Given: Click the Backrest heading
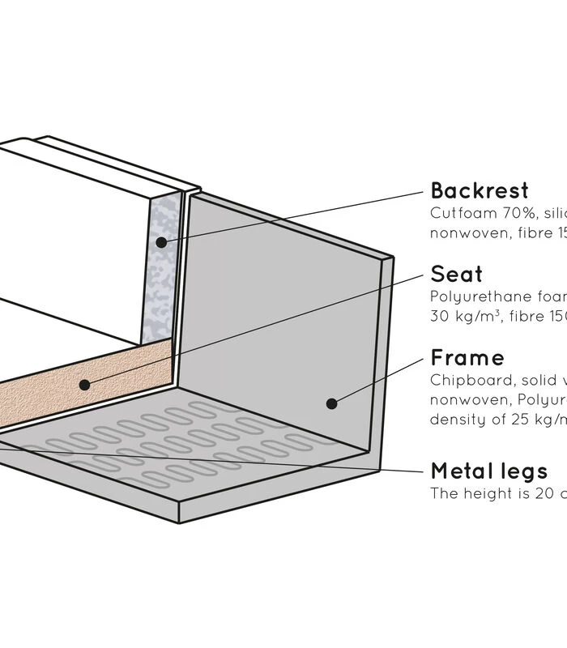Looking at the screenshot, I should pyautogui.click(x=480, y=191).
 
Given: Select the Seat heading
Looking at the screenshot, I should pyautogui.click(x=456, y=274).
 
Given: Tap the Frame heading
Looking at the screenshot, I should pyautogui.click(x=467, y=358).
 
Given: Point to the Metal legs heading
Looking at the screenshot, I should pyautogui.click(x=489, y=471).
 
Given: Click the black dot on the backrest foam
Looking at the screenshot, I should pyautogui.click(x=161, y=241).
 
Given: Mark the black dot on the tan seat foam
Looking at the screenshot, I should pyautogui.click(x=84, y=385).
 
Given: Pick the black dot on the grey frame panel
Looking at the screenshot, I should pyautogui.click(x=330, y=403).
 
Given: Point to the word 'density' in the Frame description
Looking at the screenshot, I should pyautogui.click(x=455, y=420).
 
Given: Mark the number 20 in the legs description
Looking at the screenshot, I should pyautogui.click(x=539, y=492).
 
